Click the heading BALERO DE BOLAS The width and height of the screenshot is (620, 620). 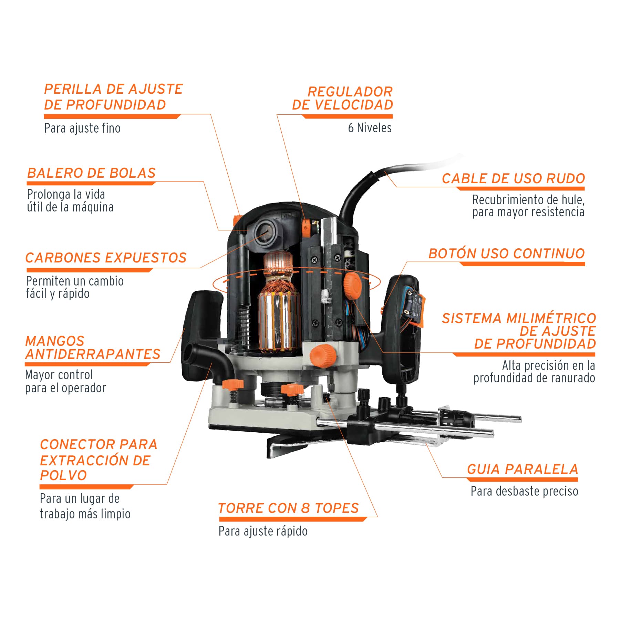coord(91,173)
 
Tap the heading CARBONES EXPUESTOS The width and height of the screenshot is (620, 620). coord(106,258)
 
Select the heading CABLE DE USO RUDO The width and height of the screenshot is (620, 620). coord(513,178)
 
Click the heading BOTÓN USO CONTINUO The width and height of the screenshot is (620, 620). coord(507,254)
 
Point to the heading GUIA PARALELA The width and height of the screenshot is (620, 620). coord(523,469)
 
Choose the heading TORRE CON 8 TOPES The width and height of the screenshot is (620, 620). coord(289,508)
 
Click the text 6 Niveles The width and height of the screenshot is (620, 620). coord(370,128)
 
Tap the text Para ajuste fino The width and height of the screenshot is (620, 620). coord(82,128)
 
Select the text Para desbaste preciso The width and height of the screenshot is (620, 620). coord(524,491)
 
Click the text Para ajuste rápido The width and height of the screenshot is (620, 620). coord(263,531)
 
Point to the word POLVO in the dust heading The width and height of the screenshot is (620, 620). coord(63,475)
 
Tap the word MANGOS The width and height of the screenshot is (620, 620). coord(55,341)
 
